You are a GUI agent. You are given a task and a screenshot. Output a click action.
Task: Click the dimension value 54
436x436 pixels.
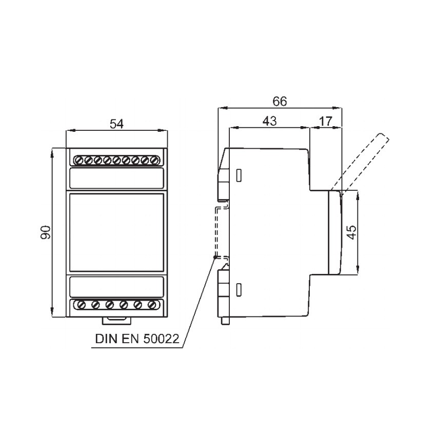pyautogui.click(x=116, y=124)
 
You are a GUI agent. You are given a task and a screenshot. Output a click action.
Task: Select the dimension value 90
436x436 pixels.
pyautogui.click(x=46, y=232)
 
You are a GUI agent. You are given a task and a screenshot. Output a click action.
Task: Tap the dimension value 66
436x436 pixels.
pyautogui.click(x=280, y=102)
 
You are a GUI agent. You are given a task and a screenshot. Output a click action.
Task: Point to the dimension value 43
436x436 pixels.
pyautogui.click(x=270, y=121)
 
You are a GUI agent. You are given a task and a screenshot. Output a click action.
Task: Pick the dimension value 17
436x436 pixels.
pyautogui.click(x=325, y=121)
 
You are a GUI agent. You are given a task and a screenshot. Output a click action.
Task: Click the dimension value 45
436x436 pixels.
pyautogui.click(x=352, y=232)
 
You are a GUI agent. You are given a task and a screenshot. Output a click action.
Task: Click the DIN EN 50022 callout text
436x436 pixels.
pyautogui.click(x=137, y=339)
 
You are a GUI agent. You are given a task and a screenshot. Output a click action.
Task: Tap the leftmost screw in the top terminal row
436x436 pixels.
pyautogui.click(x=79, y=161)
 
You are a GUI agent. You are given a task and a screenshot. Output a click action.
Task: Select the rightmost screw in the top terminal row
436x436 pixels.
pyautogui.click(x=154, y=161)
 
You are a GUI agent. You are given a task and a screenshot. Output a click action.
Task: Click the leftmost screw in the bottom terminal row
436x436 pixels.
pyautogui.click(x=82, y=305)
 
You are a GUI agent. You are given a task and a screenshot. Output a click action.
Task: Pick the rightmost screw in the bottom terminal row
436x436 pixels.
pyautogui.click(x=151, y=305)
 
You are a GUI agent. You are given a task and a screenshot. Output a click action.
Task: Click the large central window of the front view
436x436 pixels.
pyautogui.click(x=116, y=232)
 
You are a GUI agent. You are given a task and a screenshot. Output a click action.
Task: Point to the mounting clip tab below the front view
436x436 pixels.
pyautogui.click(x=116, y=321)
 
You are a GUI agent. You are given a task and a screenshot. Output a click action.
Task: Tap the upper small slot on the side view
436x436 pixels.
pyautogui.click(x=239, y=175)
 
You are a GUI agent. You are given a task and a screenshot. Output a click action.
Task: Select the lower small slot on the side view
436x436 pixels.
pyautogui.click(x=239, y=290)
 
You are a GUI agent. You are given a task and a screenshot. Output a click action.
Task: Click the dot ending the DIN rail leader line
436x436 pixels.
pyautogui.click(x=214, y=257)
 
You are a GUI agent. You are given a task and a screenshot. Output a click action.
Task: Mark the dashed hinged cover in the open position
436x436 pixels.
pyautogui.click(x=360, y=162)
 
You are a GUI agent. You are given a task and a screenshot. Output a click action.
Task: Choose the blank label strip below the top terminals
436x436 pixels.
pyautogui.click(x=116, y=178)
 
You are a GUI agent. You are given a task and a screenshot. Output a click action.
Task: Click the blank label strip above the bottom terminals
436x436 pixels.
pyautogui.click(x=116, y=287)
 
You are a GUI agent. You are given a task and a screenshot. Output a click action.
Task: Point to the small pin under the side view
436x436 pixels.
pyautogui.click(x=225, y=321)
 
